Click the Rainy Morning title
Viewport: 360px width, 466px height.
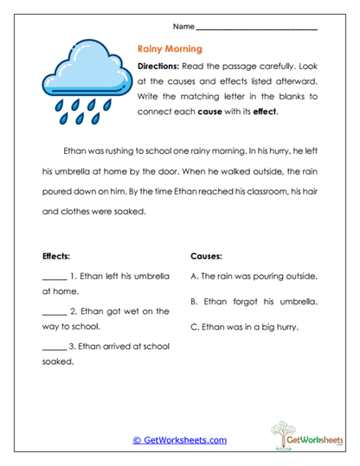click(x=170, y=49)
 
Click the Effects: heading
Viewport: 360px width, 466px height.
click(x=57, y=257)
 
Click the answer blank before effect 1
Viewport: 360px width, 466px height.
click(x=54, y=278)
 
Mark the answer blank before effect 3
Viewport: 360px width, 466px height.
click(x=54, y=347)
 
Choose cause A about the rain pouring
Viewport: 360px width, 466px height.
click(x=253, y=277)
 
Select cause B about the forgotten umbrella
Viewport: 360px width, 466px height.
click(x=253, y=303)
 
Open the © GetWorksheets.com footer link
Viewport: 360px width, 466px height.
click(x=179, y=440)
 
